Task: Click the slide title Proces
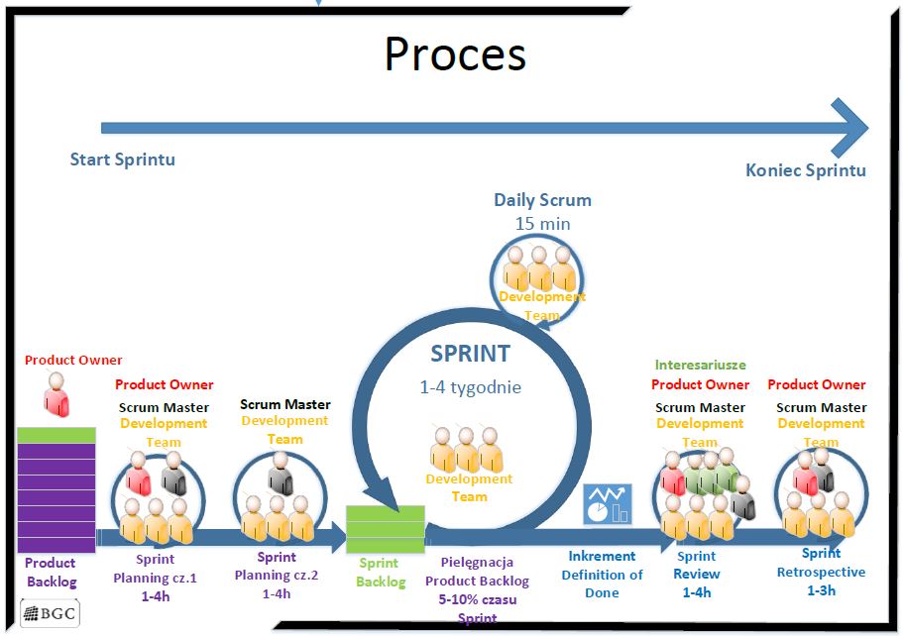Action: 455,55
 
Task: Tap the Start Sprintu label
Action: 122,159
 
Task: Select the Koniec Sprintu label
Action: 805,170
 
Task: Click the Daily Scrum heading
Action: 542,200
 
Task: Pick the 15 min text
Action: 542,224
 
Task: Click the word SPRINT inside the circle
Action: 470,354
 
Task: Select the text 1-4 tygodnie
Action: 470,387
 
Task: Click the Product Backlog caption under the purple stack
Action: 51,572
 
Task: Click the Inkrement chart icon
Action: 607,504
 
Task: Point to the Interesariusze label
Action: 701,366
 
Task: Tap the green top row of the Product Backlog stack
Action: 56,435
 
